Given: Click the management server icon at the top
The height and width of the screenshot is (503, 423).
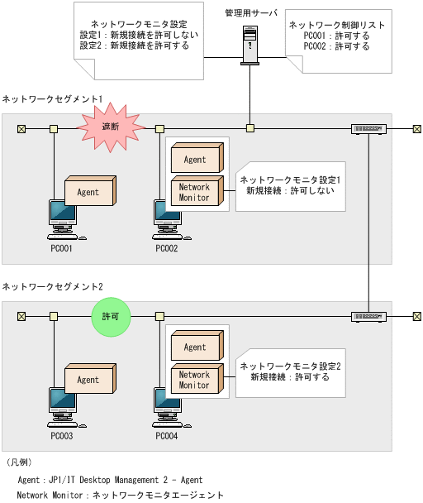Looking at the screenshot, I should coord(250,44).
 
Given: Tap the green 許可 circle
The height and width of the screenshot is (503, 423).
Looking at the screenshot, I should coord(111,317).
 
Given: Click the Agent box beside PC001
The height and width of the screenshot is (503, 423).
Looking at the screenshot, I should coord(89,191).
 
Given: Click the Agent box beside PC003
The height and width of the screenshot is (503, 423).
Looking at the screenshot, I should coord(89,379).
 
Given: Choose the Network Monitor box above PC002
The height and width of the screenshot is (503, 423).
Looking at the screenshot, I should coord(195,192).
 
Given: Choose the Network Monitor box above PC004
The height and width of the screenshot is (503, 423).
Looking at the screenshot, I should coord(195,380).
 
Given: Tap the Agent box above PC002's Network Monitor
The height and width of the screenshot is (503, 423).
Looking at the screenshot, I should coord(196,158).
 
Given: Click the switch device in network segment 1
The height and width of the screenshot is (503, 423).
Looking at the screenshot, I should coord(368,128).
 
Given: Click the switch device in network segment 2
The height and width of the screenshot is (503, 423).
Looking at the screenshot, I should coord(368,316).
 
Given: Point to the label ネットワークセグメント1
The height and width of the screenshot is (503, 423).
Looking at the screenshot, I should coord(53,98).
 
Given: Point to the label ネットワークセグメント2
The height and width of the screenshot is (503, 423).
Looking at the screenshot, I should coord(53,286).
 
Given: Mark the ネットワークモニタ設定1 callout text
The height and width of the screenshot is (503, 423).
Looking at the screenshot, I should coord(290,180).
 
